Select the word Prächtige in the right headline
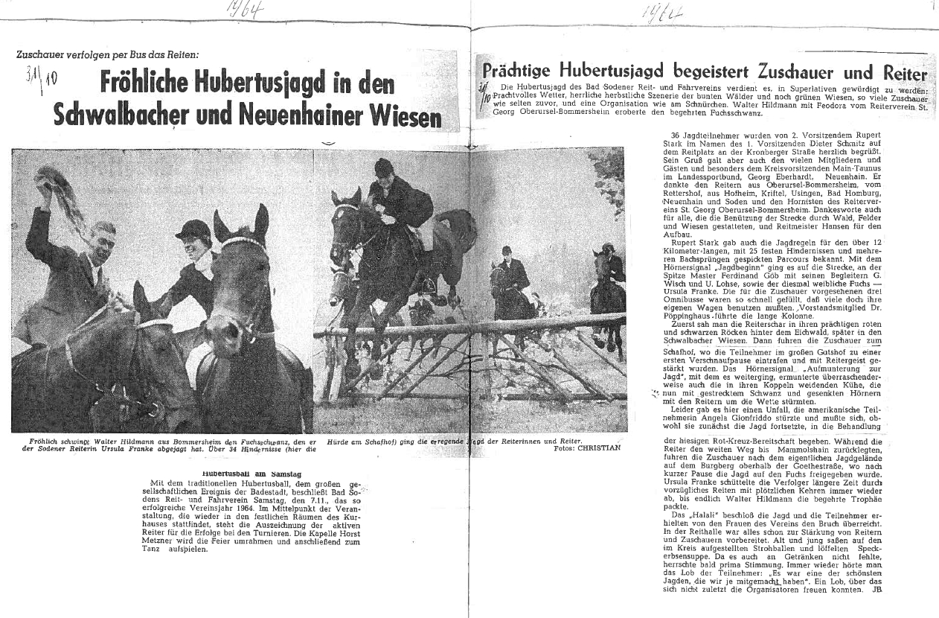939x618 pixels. [528, 73]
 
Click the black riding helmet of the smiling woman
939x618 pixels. [194, 229]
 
